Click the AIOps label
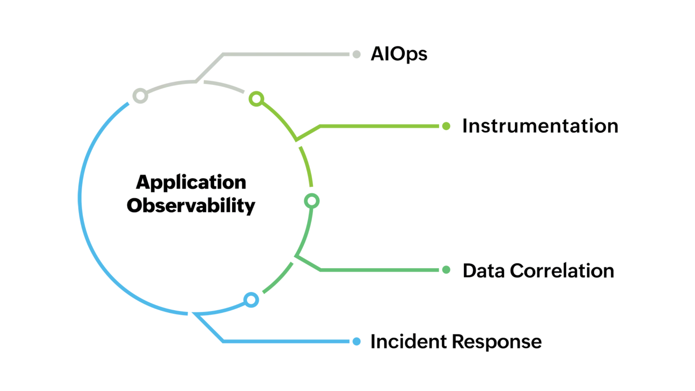pyautogui.click(x=399, y=54)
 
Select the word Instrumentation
pyautogui.click(x=540, y=126)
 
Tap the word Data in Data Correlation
pyautogui.click(x=483, y=271)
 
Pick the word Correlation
pyautogui.click(x=562, y=271)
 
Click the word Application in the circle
pyautogui.click(x=191, y=182)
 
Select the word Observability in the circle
pyautogui.click(x=191, y=206)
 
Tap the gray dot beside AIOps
pyautogui.click(x=356, y=54)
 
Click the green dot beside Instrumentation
pyautogui.click(x=446, y=126)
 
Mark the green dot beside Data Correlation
pyautogui.click(x=446, y=270)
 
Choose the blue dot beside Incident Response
pyautogui.click(x=356, y=341)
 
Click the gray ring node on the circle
pyautogui.click(x=140, y=96)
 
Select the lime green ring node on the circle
pyautogui.click(x=256, y=99)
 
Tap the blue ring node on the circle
pyautogui.click(x=251, y=300)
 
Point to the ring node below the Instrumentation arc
pyautogui.click(x=311, y=201)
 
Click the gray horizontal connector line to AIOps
pyautogui.click(x=286, y=54)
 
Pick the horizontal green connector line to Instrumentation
pyautogui.click(x=380, y=126)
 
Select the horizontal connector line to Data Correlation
pyautogui.click(x=380, y=270)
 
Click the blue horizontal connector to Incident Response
pyautogui.click(x=286, y=341)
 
